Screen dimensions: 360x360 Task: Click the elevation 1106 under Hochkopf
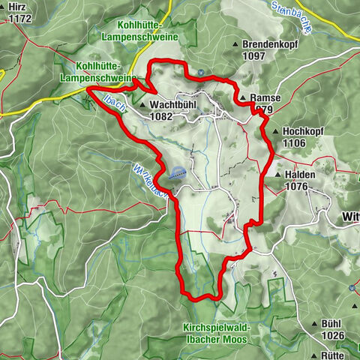[297, 142]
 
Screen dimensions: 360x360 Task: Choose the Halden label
[300, 174]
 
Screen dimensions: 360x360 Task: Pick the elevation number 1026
[330, 334]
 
